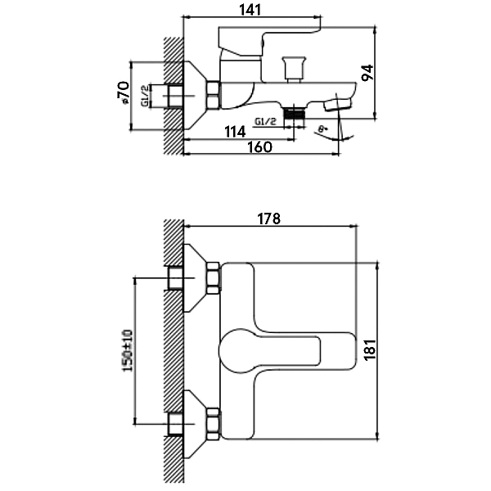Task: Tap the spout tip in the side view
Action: (x=338, y=104)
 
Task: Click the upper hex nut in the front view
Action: (x=213, y=279)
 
